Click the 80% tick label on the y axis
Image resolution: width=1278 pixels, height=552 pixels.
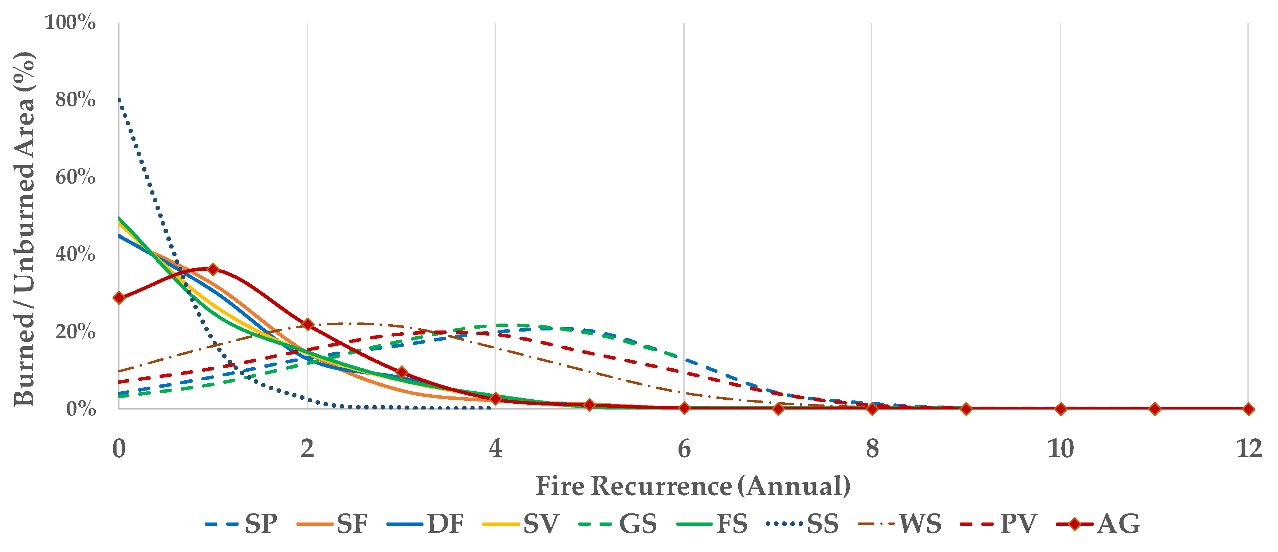click(x=75, y=100)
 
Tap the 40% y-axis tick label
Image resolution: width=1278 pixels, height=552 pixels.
click(x=75, y=254)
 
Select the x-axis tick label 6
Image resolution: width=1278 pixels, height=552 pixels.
click(x=684, y=449)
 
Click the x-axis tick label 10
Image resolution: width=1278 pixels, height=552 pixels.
click(x=1060, y=449)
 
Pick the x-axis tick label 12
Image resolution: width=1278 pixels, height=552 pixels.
click(x=1248, y=449)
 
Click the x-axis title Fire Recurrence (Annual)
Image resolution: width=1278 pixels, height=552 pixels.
click(x=693, y=486)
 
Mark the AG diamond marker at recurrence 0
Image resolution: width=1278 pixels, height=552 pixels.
click(x=119, y=298)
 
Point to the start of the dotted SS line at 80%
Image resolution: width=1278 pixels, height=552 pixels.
click(x=119, y=100)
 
